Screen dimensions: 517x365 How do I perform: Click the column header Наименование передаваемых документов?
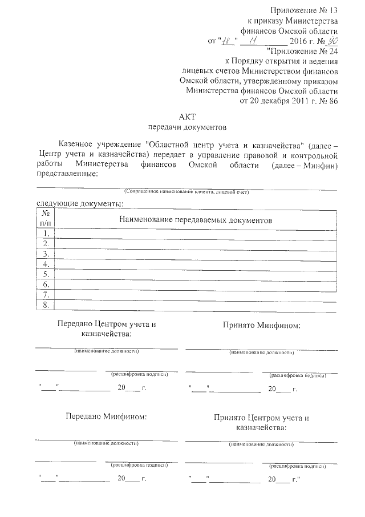196,219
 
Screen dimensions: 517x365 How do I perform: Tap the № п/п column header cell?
45,219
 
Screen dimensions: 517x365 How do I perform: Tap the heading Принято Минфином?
262,326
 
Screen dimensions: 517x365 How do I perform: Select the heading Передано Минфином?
106,416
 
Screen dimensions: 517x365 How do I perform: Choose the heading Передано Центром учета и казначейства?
106,328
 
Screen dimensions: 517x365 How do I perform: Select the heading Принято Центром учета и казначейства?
262,422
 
